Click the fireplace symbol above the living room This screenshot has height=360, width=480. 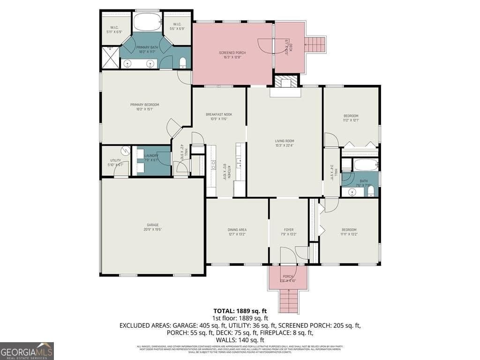tap(286, 83)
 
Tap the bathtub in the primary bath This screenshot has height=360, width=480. tap(147, 22)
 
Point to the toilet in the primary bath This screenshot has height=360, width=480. tap(183, 62)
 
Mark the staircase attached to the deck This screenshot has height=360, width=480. tap(315, 45)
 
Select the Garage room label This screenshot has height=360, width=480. tap(152, 227)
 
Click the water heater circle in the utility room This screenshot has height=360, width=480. tap(125, 150)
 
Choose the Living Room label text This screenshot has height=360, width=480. tap(284, 143)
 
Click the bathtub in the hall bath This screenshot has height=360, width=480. tap(366, 165)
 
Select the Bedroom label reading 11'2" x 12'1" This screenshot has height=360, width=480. tap(351, 118)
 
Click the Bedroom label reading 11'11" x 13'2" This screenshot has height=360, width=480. tap(349, 232)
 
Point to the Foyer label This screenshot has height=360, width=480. tap(288, 232)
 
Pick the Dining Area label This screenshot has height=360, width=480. tap(237, 232)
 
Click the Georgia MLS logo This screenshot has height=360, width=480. tap(27, 351)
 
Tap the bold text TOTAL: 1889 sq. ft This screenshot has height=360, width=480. tap(240, 310)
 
